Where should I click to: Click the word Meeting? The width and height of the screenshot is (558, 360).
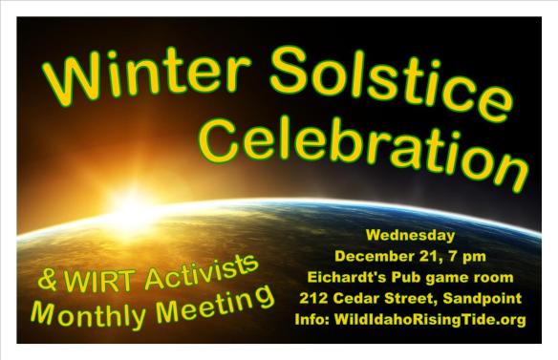(x=211, y=305)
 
